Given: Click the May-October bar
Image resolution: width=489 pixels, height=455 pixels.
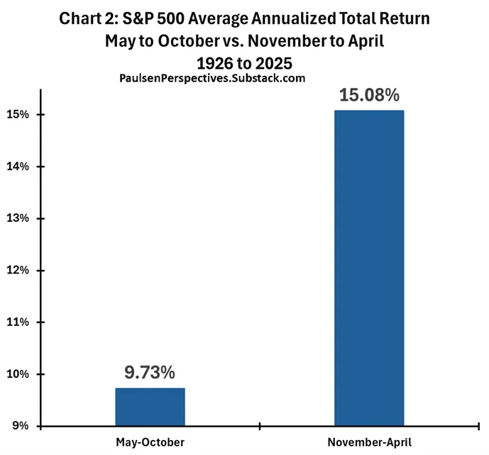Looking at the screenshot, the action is pyautogui.click(x=150, y=407).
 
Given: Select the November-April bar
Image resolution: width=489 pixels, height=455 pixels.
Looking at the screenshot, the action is pyautogui.click(x=369, y=268).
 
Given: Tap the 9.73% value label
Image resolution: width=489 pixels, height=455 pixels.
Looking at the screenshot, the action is pyautogui.click(x=150, y=372).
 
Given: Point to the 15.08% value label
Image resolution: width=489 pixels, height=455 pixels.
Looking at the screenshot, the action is pyautogui.click(x=369, y=95).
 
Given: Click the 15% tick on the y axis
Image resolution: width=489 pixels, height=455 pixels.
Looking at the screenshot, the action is pyautogui.click(x=18, y=115).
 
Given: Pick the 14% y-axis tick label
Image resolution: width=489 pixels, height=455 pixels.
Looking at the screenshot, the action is pyautogui.click(x=18, y=167).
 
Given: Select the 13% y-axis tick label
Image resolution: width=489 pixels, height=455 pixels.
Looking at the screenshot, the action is pyautogui.click(x=18, y=218).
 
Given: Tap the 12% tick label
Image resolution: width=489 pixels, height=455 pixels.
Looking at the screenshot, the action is pyautogui.click(x=18, y=270).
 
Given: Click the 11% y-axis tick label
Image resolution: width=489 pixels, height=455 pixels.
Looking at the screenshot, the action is pyautogui.click(x=18, y=322).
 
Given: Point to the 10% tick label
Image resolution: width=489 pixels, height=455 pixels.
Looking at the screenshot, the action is pyautogui.click(x=18, y=374).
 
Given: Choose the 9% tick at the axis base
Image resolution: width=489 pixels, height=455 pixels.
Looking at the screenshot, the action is pyautogui.click(x=21, y=426).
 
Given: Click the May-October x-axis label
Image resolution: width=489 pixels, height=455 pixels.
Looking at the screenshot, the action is pyautogui.click(x=150, y=442).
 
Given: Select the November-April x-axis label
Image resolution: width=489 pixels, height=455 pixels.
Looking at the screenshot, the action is pyautogui.click(x=370, y=442).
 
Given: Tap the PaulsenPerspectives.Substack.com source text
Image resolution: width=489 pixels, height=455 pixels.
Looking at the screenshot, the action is pyautogui.click(x=212, y=78).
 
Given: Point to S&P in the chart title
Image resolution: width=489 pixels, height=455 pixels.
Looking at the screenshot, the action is pyautogui.click(x=138, y=18).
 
